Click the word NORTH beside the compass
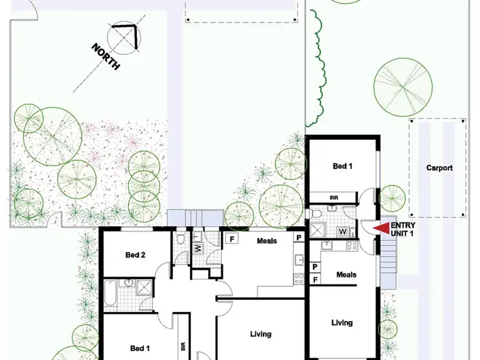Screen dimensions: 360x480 [106, 57]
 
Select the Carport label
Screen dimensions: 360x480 [440, 168]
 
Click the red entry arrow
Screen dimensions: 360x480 [381, 227]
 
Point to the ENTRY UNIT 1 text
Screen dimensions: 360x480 [403, 230]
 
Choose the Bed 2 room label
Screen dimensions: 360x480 [136, 255]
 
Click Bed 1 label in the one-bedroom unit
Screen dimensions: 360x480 [343, 166]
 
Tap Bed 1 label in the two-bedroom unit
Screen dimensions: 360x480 [140, 348]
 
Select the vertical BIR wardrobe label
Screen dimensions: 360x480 [183, 347]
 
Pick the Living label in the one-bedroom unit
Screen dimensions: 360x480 [342, 323]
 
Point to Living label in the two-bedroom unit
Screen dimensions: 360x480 [260, 334]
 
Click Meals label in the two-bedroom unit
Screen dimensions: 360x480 [267, 241]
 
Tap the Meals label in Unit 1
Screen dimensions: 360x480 [346, 275]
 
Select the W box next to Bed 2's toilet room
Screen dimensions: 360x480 [198, 247]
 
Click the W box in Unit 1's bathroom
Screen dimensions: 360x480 [343, 231]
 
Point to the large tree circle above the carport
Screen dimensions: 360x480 [403, 86]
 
